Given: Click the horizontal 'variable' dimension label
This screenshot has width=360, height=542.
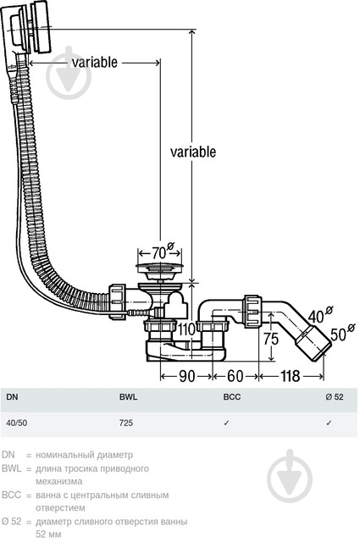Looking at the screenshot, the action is pos(94,62).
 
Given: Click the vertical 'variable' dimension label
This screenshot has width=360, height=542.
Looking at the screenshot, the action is pos(193,152).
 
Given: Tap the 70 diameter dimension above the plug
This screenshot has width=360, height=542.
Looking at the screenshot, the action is pos(163,252).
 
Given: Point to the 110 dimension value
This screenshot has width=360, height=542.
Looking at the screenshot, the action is pos(186,329).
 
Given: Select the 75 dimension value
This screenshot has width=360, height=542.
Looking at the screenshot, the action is pos(271,339).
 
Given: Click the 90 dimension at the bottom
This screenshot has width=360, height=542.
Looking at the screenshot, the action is pos(187,376).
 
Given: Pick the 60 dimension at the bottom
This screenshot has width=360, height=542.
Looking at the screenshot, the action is pos(235,376).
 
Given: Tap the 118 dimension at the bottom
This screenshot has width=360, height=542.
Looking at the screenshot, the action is pos(290,376).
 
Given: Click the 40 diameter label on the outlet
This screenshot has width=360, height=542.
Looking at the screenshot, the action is pos(320,314).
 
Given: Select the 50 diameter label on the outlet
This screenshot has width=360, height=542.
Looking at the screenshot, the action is pos(342,333).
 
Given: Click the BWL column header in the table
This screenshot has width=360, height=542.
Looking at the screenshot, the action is pos(128,397).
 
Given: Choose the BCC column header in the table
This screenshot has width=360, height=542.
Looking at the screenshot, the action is pos(232,397).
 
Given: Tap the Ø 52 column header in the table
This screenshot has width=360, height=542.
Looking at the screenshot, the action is pos(335,397).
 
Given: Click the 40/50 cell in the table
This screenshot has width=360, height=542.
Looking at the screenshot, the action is pos(17,423).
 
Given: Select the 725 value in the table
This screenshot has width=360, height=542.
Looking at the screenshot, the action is pos(126,423).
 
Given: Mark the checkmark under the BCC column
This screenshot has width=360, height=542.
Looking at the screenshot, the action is pos(226,423).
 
